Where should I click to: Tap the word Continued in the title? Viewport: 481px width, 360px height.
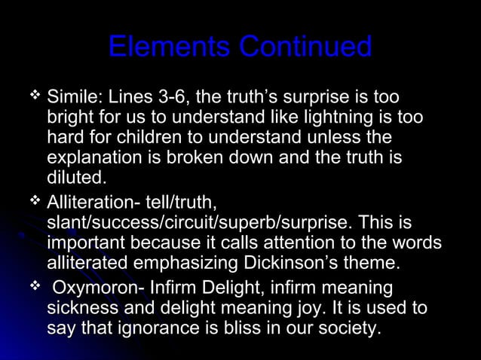(x=305, y=47)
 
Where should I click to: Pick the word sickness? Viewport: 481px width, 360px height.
(x=80, y=309)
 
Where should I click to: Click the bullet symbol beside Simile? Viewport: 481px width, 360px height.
(x=33, y=96)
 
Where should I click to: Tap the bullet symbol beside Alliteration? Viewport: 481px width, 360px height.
(x=33, y=201)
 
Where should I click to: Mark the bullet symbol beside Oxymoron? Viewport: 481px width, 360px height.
(x=33, y=287)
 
